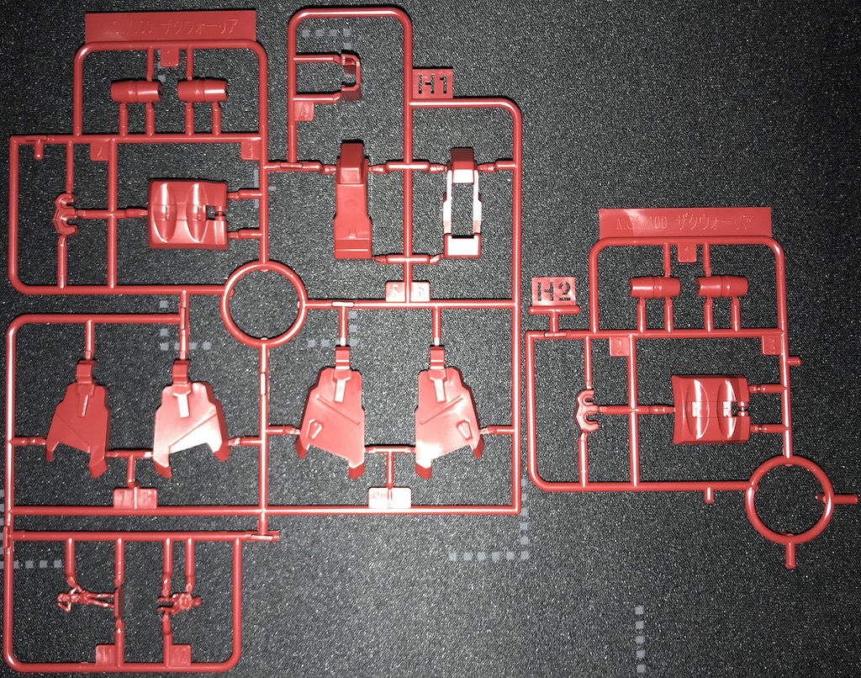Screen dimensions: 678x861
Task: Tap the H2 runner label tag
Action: point(556,291)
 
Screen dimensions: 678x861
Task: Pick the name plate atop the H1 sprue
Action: point(172,26)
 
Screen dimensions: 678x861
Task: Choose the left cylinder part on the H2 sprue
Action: point(655,289)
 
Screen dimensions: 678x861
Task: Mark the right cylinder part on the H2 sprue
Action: point(723,289)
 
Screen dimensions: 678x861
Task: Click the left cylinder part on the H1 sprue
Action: point(135,90)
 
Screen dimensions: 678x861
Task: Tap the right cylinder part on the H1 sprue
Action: point(203,90)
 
